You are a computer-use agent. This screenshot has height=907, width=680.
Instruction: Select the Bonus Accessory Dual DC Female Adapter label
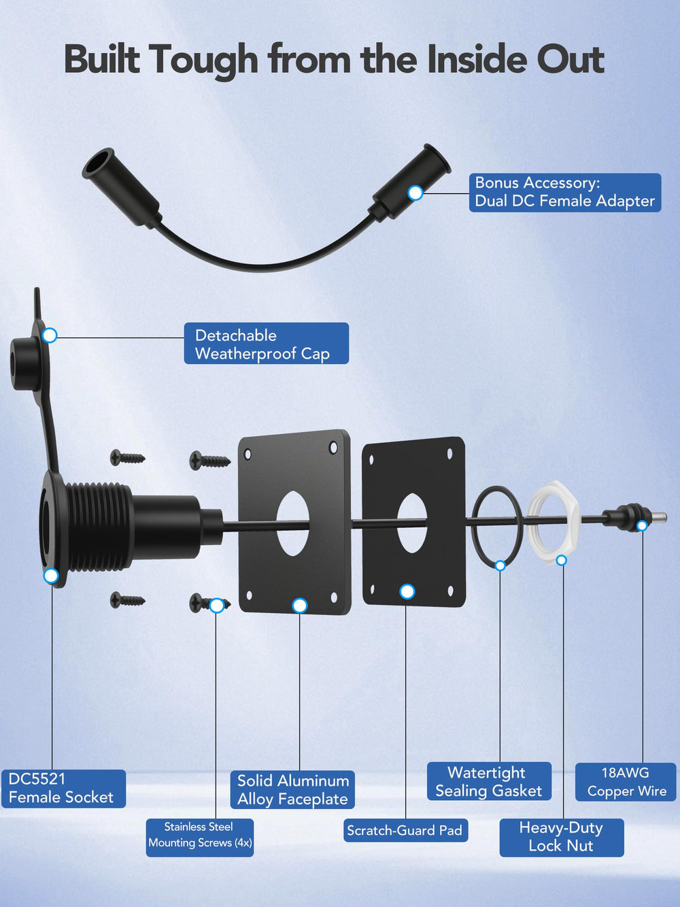565,193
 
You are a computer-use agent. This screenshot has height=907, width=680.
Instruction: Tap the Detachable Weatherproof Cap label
267,344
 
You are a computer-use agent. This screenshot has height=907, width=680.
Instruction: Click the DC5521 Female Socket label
64,789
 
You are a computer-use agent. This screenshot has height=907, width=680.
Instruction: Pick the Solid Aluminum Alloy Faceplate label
292,790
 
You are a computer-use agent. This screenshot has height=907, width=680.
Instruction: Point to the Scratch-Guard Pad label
405,830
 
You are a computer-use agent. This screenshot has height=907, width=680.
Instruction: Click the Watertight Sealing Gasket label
489,781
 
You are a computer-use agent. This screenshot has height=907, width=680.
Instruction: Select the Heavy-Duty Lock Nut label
562,838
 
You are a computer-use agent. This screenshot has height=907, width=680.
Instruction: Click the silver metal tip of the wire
660,516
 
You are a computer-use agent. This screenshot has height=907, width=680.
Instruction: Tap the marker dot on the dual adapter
415,193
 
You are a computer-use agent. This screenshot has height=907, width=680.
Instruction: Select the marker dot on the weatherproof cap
50,335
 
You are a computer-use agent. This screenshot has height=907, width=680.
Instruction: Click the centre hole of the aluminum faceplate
292,523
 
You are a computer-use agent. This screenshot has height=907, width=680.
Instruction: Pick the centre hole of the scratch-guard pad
412,523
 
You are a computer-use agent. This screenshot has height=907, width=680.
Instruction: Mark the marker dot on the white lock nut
562,560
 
